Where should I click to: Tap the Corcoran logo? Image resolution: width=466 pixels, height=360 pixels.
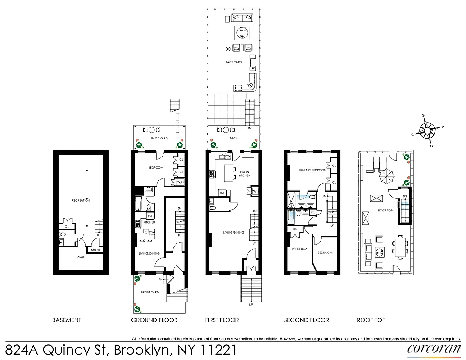tap(434, 349)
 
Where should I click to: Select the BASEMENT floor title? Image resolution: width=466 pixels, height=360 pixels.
tap(67, 320)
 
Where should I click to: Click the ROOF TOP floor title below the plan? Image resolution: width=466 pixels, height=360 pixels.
tap(371, 320)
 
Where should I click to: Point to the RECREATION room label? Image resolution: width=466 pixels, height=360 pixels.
tap(81, 200)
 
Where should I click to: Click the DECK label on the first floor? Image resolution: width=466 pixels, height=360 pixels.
tap(233, 139)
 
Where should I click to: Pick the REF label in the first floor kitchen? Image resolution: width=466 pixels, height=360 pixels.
tap(222, 193)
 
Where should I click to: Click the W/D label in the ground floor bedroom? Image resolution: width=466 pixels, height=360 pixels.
tap(180, 182)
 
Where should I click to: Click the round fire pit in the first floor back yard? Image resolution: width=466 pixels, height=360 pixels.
tap(242, 33)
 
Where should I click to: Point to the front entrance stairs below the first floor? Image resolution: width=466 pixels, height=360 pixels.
tap(251, 289)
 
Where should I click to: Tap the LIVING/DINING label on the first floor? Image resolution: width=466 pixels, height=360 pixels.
tap(233, 233)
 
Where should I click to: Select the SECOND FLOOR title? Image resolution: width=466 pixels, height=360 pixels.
tap(306, 320)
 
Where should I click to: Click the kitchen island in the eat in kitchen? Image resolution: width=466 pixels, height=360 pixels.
tap(229, 172)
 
